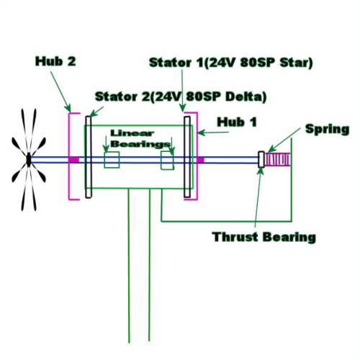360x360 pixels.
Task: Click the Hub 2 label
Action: point(55,61)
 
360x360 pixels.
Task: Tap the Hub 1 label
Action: point(237,122)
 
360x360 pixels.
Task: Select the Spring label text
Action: point(327,130)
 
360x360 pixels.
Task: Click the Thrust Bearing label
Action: point(264,237)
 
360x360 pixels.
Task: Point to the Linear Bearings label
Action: point(140,138)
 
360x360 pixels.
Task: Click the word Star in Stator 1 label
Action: point(297,63)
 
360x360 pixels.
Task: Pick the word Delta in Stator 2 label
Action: point(246,96)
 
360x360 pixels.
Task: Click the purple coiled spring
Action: point(277,160)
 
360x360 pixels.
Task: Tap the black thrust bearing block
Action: point(261,159)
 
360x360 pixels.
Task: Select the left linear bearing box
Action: point(112,160)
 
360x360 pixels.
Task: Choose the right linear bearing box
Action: point(167,161)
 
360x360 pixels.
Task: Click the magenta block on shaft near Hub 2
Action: point(73,160)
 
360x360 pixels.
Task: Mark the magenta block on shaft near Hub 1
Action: point(200,160)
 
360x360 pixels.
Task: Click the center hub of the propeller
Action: point(29,160)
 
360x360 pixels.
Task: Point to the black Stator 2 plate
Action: point(89,157)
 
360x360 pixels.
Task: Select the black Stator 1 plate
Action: point(187,157)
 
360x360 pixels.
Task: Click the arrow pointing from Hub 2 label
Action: point(60,91)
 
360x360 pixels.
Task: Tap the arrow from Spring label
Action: point(284,140)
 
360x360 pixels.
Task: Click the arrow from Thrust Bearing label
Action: point(258,197)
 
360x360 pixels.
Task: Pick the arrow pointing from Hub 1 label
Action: point(213,132)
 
